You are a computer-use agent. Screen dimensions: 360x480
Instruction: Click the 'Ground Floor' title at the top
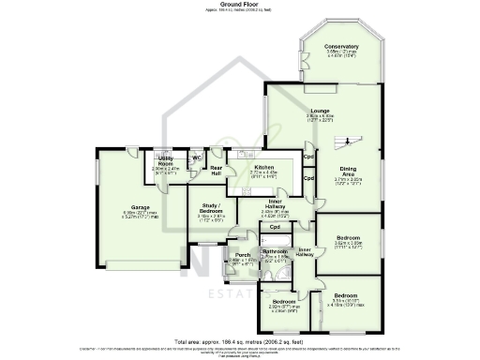click(x=240, y=4)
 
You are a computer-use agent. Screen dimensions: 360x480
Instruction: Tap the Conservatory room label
click(x=341, y=46)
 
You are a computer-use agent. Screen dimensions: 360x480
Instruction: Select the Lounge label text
click(x=321, y=111)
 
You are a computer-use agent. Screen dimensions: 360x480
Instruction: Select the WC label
click(x=197, y=157)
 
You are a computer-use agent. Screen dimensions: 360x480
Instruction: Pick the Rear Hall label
click(x=216, y=172)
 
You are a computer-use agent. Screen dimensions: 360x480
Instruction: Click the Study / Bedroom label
click(x=210, y=209)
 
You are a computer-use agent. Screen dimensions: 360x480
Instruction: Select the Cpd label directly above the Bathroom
click(x=276, y=228)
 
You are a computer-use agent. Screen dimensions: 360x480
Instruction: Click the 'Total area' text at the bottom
click(x=240, y=341)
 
